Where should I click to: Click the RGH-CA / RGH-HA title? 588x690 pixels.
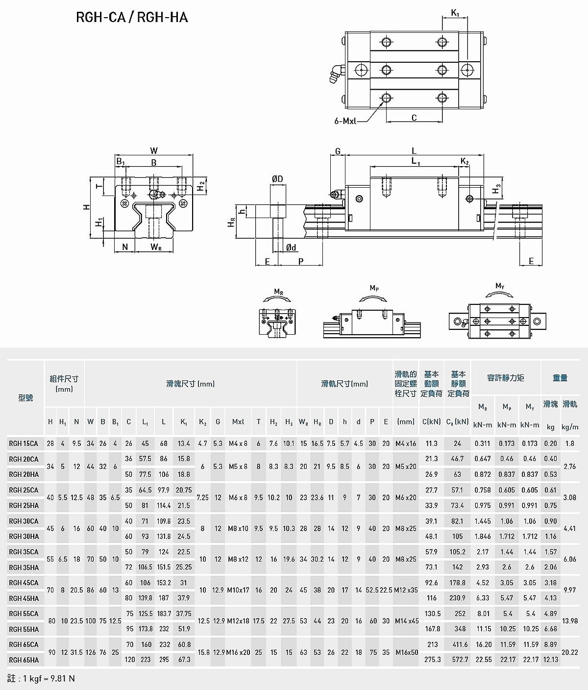pos(132,17)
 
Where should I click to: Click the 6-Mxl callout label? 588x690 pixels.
pos(345,121)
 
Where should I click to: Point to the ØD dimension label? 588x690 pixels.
pos(277,179)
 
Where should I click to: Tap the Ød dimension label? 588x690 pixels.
pos(291,247)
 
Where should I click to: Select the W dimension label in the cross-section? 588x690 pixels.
pos(153,150)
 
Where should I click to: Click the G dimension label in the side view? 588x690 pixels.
pos(338,151)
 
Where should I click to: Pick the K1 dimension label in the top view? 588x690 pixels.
pos(455,13)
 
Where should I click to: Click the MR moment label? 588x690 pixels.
pos(279,292)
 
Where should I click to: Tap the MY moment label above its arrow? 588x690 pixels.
pos(500,286)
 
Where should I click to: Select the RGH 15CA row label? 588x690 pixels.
pos(24,444)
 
